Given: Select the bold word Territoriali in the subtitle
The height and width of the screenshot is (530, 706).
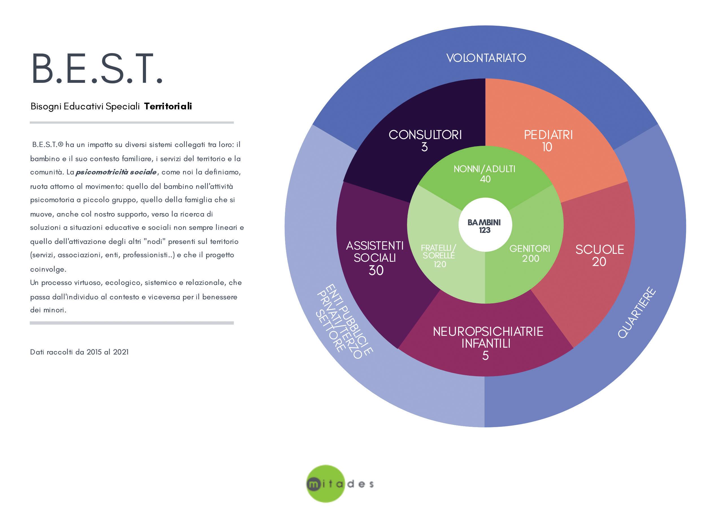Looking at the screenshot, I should (x=168, y=106).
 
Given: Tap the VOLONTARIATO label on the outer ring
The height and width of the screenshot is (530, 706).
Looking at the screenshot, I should (x=486, y=58).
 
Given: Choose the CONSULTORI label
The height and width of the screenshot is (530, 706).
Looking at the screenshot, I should (x=425, y=135).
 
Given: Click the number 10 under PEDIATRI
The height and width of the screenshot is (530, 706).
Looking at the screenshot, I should (x=547, y=147).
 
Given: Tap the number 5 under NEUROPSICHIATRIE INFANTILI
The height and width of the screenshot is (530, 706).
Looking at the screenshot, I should (x=485, y=356).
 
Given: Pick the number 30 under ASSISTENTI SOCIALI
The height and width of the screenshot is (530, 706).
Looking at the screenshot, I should (x=376, y=271).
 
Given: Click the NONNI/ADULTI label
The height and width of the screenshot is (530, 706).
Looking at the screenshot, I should (x=485, y=169).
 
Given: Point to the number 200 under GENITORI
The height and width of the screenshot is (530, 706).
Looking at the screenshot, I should (x=530, y=259).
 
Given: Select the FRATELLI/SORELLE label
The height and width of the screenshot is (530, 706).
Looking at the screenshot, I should (x=439, y=252).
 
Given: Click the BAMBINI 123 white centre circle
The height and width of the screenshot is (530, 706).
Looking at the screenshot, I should (x=485, y=226).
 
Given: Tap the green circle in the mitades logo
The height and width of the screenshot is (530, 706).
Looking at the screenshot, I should (x=325, y=483).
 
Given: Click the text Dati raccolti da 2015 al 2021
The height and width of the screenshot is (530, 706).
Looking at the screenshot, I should (x=79, y=352).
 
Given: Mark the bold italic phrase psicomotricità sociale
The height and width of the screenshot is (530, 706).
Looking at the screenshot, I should (x=116, y=172).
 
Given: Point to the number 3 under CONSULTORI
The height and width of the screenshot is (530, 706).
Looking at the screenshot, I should (x=424, y=147).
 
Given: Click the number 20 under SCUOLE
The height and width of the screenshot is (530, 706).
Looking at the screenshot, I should (x=599, y=262).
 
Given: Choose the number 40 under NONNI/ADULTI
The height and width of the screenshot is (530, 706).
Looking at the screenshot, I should (x=485, y=179).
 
